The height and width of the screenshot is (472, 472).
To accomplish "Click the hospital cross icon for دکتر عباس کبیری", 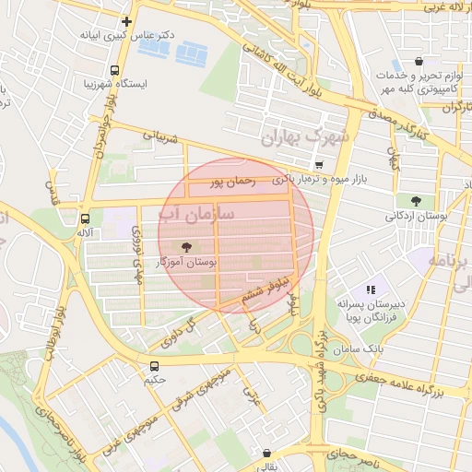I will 127,21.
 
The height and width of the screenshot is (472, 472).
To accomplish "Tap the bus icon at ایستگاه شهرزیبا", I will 114,70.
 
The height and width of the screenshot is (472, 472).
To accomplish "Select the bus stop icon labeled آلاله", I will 85,219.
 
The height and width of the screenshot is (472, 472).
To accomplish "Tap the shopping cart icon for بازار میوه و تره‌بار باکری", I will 318,164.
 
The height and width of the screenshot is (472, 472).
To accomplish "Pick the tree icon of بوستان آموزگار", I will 188,247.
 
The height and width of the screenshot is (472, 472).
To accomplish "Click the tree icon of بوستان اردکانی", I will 416,201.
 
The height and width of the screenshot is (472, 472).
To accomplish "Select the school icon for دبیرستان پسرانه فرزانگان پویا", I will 371,289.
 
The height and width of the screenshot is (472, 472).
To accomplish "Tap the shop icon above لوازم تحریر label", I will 419,62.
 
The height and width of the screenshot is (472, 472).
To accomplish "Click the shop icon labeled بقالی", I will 267,454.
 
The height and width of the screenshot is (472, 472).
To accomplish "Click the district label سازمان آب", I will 208,216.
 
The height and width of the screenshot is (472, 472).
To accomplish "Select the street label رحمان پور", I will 230,182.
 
